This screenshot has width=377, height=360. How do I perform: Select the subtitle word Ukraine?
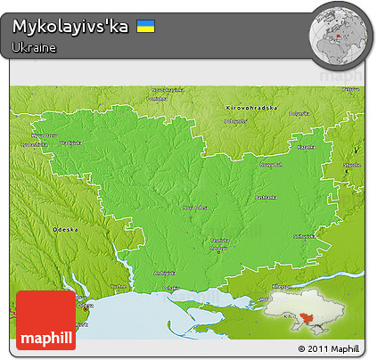35,47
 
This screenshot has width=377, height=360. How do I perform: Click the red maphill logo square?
45,320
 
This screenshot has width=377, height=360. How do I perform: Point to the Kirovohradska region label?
252,108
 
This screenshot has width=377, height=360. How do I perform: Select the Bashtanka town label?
265,196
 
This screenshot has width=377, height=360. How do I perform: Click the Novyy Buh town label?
271,163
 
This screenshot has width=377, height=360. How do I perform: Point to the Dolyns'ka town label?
298,113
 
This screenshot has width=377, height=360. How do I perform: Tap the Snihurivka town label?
303,236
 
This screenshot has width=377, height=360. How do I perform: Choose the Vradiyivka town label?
70,143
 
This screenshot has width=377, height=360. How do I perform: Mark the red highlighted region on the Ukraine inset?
306,318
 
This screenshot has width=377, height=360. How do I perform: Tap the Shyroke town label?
351,165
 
